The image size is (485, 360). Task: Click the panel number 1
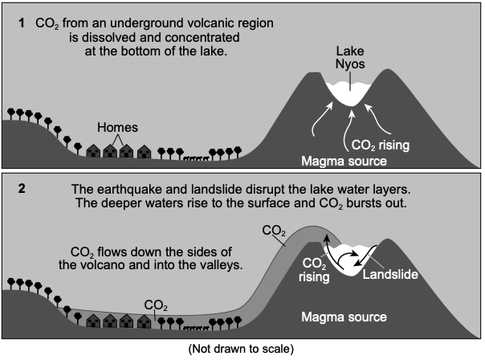coord(22,23)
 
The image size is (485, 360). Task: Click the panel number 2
coord(22,189)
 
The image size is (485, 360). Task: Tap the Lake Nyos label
coord(350,58)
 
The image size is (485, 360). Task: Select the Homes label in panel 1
coord(117,128)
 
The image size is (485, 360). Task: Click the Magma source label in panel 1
coord(344,161)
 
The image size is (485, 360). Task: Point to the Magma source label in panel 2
coord(344,317)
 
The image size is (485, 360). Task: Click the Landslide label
coord(390,274)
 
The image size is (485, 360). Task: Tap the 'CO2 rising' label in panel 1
coord(381,145)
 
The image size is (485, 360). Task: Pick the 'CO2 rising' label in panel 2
coord(314,270)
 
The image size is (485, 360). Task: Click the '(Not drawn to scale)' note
coord(241,349)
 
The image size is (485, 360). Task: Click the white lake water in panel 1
coord(349,93)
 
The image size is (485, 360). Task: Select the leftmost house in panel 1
coord(93,151)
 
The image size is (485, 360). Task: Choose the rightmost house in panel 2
coord(145,321)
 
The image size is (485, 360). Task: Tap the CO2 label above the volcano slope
coord(274,231)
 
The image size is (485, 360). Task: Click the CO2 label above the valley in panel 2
coord(156,305)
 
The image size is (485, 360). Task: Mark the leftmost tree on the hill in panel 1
coord(11,113)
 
